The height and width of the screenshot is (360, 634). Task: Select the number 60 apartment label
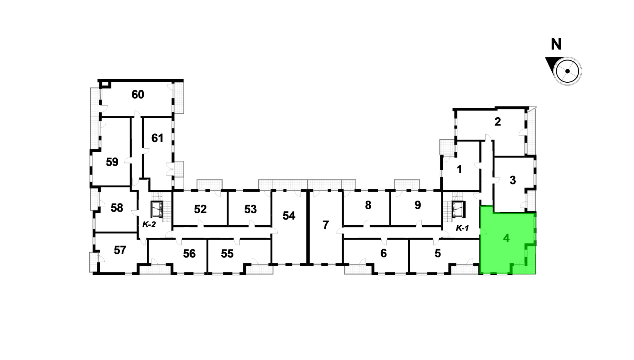click(138, 94)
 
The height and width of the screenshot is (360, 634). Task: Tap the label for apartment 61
click(157, 138)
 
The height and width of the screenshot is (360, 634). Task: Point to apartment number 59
click(112, 162)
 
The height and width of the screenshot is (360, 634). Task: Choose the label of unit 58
click(117, 208)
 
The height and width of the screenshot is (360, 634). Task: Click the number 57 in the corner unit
click(120, 250)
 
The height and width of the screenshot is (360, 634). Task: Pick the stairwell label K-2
click(149, 225)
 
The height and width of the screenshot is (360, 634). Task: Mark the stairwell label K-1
click(462, 228)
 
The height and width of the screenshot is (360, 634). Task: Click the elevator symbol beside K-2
click(157, 209)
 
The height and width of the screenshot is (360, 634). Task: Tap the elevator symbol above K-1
click(458, 210)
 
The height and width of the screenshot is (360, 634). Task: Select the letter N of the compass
click(556, 44)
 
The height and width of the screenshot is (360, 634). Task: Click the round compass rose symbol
click(567, 71)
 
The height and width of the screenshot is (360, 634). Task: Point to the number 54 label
click(289, 215)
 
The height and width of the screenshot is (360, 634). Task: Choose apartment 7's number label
click(325, 225)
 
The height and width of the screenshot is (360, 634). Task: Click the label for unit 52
click(200, 209)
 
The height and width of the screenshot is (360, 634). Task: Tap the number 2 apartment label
click(497, 122)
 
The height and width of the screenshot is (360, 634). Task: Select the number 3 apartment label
click(513, 180)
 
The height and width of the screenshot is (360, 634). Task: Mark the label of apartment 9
click(418, 205)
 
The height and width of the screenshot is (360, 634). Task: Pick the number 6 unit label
click(384, 253)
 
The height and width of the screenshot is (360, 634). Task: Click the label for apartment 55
click(227, 254)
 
